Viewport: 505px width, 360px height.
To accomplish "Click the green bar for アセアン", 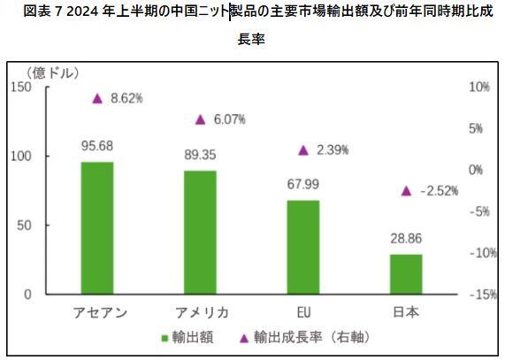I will [97, 227].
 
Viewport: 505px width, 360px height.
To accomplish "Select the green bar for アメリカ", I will [200, 232].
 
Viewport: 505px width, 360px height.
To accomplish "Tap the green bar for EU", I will [302, 247].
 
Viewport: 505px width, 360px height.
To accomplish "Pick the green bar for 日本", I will [406, 273].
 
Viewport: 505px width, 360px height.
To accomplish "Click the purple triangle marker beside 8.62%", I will [97, 98].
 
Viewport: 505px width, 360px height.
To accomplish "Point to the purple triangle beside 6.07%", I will [200, 119].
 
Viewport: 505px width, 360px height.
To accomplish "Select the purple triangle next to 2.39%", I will [303, 150].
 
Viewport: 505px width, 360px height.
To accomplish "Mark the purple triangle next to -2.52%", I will [406, 190].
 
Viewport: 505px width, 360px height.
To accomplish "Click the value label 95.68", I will [97, 146].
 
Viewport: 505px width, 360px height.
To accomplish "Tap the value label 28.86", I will [406, 240].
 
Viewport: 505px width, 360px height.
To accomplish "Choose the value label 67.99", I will [303, 184].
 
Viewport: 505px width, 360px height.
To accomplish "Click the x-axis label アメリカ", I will [200, 312].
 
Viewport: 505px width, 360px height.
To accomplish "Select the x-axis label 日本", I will [406, 312].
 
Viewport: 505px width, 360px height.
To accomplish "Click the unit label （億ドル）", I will [54, 72].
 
